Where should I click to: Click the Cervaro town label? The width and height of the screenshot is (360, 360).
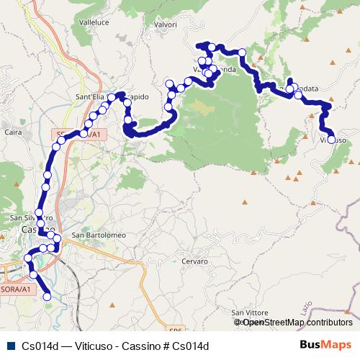click(x=194, y=261)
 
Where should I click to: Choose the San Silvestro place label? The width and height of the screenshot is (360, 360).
click(x=32, y=217)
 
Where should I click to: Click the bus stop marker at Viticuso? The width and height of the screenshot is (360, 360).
click(x=332, y=140)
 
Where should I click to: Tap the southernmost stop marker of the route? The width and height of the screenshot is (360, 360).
click(x=48, y=296)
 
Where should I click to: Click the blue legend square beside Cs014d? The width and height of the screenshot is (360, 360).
click(x=9, y=346)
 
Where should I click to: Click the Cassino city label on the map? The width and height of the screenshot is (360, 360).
click(x=36, y=229)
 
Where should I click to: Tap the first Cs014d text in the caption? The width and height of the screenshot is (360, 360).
click(x=40, y=346)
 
